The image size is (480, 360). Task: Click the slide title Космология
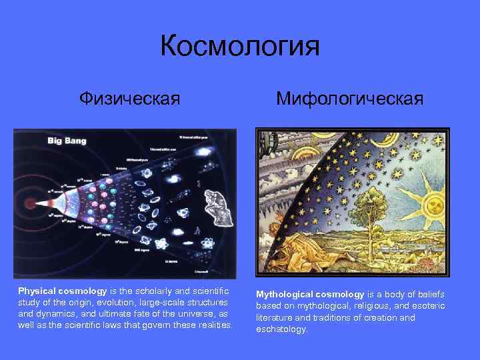(240, 47)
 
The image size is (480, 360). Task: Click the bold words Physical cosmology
(62, 291)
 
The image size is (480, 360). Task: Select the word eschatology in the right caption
(281, 329)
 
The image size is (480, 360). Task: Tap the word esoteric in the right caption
(425, 306)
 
